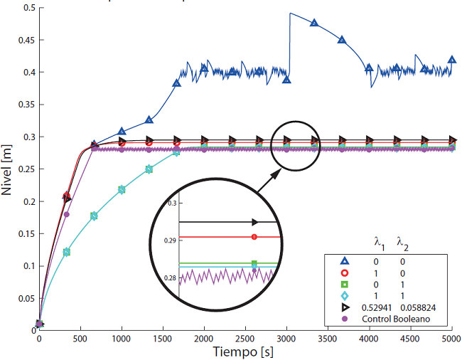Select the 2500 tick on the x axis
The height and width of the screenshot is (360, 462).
tap(245, 340)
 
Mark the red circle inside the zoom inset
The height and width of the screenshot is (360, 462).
tap(254, 236)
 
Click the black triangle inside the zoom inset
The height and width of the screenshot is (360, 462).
tap(254, 222)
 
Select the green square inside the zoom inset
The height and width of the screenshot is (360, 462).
tap(254, 263)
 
